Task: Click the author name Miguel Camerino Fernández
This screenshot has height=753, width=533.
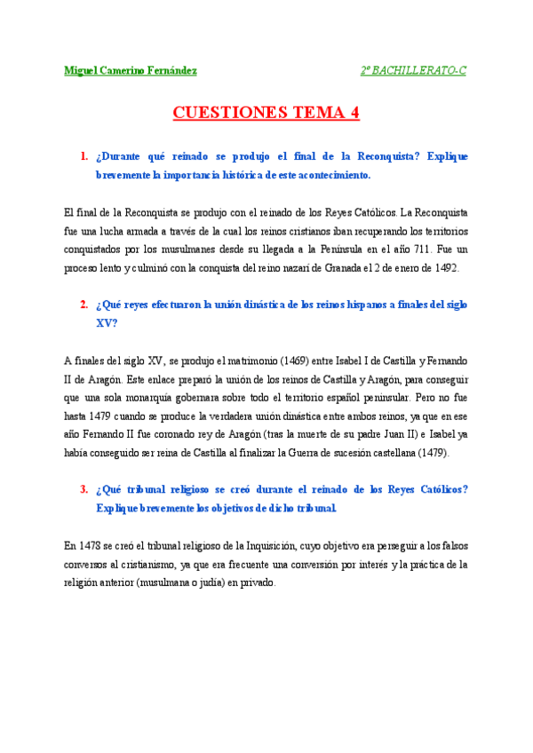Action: point(131,70)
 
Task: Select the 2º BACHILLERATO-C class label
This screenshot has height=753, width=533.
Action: point(413,70)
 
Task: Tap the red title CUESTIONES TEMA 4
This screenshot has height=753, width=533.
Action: point(266,113)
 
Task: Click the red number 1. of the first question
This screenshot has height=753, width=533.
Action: point(84,156)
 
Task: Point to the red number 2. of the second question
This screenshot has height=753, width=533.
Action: point(84,305)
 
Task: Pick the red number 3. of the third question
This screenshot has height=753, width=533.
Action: point(84,489)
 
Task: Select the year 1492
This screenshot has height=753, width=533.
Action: point(443,268)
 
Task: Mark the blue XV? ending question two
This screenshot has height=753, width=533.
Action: point(106,323)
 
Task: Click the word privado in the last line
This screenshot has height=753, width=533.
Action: point(257,583)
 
